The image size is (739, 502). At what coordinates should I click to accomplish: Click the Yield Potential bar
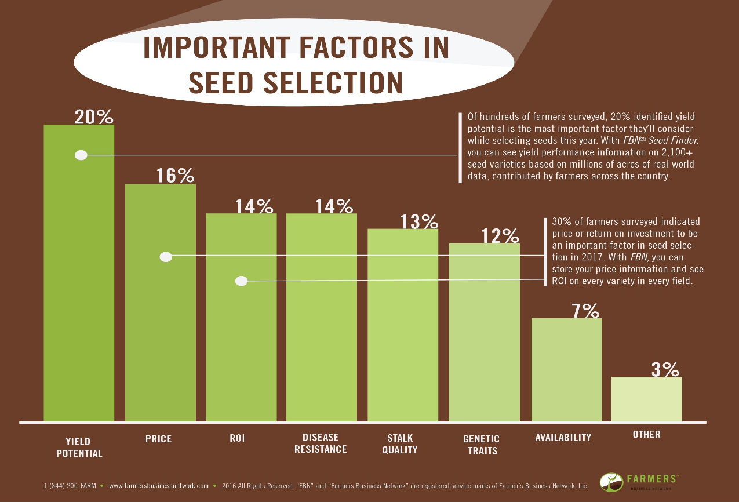[79, 290]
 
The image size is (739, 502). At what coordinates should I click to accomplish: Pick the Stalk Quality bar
[403, 325]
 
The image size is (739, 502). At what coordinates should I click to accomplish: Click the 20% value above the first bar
[93, 117]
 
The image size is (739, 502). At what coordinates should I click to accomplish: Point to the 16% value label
[175, 176]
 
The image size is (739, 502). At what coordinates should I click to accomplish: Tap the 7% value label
[585, 311]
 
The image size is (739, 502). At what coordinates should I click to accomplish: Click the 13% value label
[419, 221]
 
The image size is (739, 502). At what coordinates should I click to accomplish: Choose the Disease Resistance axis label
[321, 443]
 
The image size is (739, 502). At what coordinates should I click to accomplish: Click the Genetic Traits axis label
[481, 445]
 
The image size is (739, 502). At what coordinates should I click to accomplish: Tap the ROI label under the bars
[237, 438]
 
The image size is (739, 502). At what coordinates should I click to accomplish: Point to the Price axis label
[158, 439]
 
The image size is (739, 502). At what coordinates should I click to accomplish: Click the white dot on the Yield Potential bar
[81, 155]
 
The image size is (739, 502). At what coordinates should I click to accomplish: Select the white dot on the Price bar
[166, 257]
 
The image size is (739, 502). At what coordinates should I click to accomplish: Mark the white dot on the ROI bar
[242, 281]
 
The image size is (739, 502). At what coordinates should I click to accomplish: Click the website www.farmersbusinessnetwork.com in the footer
[158, 486]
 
